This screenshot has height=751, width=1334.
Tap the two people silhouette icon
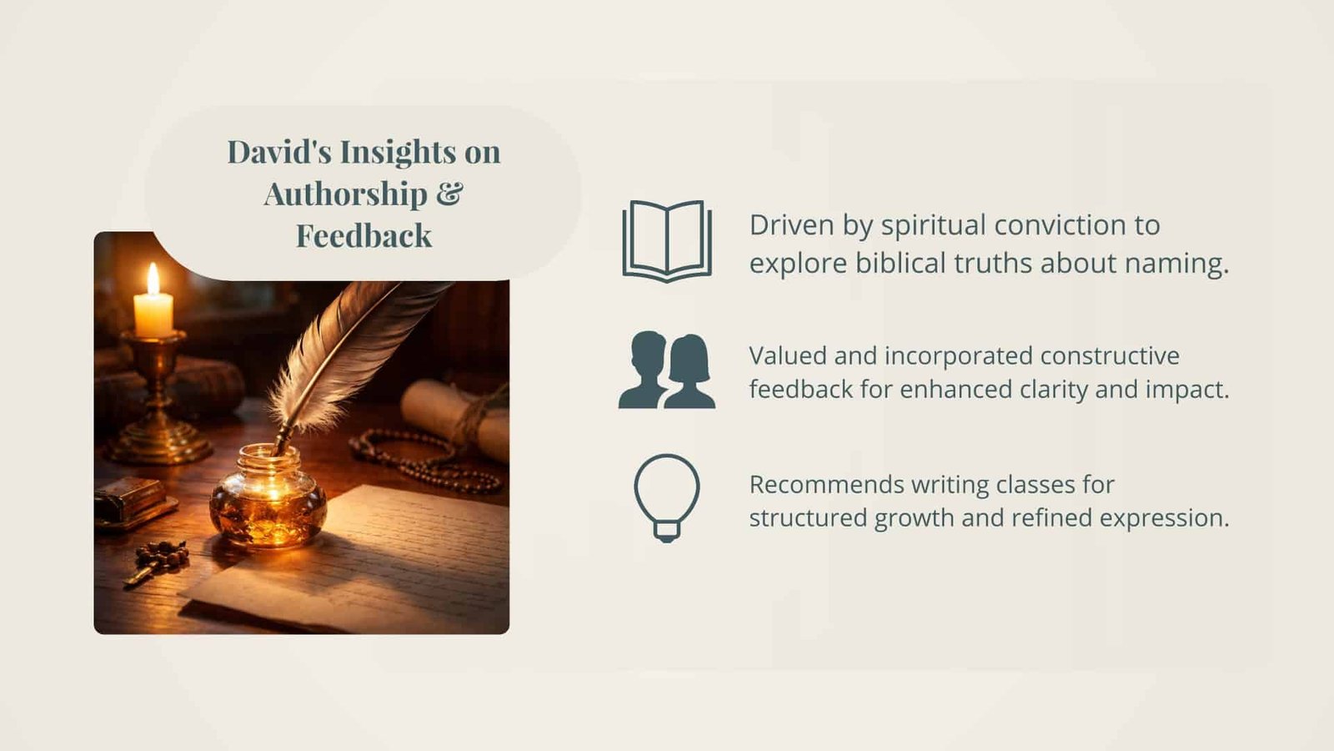(x=667, y=370)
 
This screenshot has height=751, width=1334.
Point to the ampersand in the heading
(x=449, y=193)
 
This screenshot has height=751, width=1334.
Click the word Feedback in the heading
(x=364, y=235)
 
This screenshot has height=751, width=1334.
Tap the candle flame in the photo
(x=153, y=279)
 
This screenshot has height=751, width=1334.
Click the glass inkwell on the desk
(x=268, y=496)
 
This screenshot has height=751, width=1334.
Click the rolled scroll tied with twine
(x=455, y=418)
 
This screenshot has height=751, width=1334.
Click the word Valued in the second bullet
(x=787, y=355)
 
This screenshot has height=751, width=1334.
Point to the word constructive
(x=1110, y=355)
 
